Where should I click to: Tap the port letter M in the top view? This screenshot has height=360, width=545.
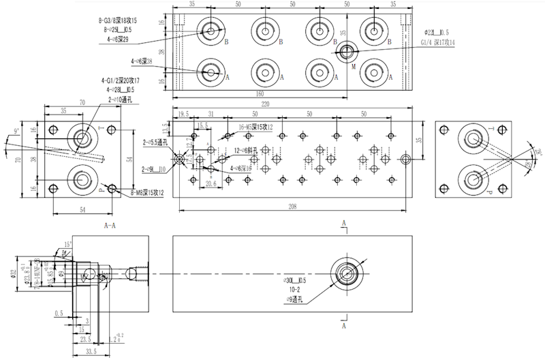(x=353, y=67)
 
